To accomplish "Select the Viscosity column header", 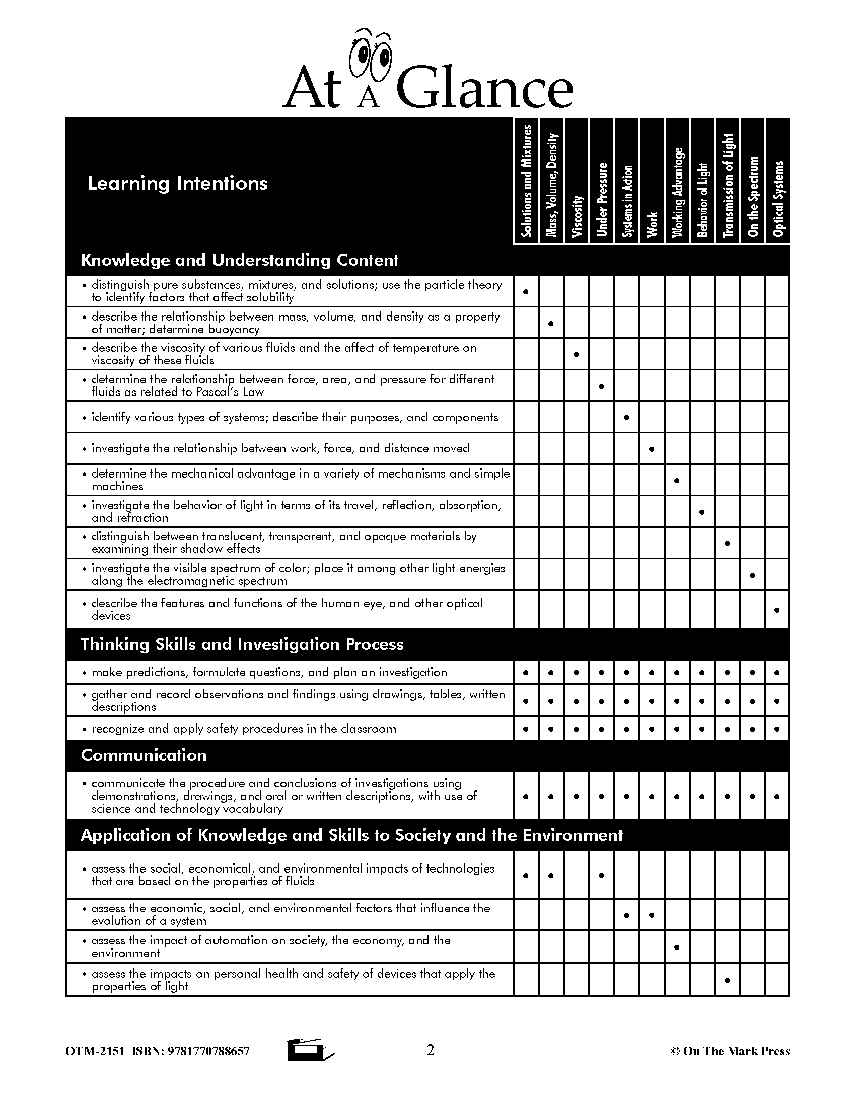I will pos(577,216).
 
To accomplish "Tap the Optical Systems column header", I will pos(777,199).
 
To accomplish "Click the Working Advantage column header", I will pos(677,193).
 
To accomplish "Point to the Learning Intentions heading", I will pos(177,183).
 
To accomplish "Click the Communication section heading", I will pos(144,755).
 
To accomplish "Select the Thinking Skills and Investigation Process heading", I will pos(242,644).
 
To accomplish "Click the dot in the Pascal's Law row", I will pos(601,386).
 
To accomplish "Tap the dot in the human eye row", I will pos(777,610).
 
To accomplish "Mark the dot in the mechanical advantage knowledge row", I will pos(676,480).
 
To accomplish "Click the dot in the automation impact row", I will pos(676,947).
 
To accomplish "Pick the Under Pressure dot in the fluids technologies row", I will pos(601,876).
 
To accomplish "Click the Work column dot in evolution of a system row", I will pos(652,915).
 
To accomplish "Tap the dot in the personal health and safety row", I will pos(727,980).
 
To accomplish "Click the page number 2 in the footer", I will pos(430,1050).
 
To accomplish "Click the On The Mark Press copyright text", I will pos(730,1051).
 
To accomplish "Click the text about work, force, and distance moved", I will pos(280,448).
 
